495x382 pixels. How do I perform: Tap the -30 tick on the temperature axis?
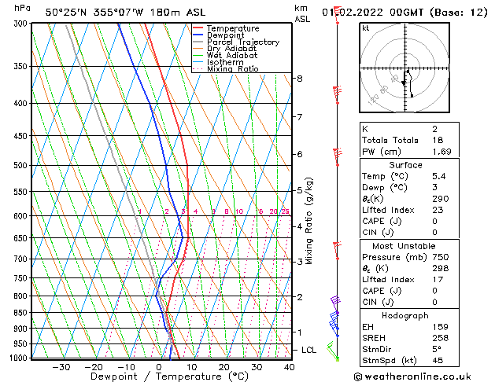[61, 367]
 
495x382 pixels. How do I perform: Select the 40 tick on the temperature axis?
[289, 367]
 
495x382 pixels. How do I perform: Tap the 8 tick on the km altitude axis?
[299, 79]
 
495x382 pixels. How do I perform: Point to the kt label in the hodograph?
[366, 28]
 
